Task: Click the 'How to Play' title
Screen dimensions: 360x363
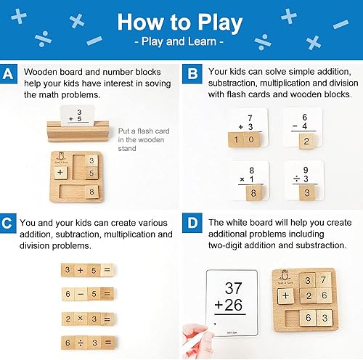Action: click(181, 21)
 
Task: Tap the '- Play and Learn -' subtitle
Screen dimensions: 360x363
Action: click(181, 43)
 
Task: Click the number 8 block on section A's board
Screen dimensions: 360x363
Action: click(92, 192)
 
